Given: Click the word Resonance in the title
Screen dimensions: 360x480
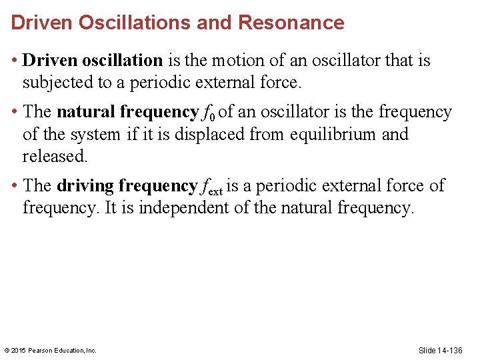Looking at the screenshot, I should (x=291, y=23).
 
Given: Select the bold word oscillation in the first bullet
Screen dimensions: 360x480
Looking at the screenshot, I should (x=123, y=61).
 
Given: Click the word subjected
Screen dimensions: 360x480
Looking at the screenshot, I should (x=55, y=83).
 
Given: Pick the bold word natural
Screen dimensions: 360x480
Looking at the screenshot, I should (x=86, y=112).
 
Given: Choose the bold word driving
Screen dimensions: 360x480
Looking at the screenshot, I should (x=85, y=186).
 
